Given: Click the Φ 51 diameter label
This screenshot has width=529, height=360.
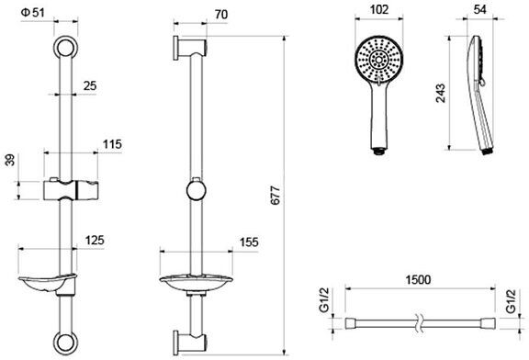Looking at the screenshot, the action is [32, 13].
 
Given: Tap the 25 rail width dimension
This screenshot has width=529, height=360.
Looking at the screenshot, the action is [90, 85].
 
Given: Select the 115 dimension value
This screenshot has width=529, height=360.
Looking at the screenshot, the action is [112, 144].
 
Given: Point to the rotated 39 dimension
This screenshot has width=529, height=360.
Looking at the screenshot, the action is [10, 160].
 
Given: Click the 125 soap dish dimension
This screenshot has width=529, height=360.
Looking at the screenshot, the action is [95, 241].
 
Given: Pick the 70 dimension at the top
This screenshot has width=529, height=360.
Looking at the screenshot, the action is [221, 15].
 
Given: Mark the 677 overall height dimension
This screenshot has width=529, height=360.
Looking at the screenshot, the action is [276, 195].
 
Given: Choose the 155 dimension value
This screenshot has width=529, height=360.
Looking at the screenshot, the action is [249, 242].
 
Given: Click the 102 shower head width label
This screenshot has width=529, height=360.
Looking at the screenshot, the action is [379, 9].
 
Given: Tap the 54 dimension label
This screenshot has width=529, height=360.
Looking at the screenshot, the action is [479, 9].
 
